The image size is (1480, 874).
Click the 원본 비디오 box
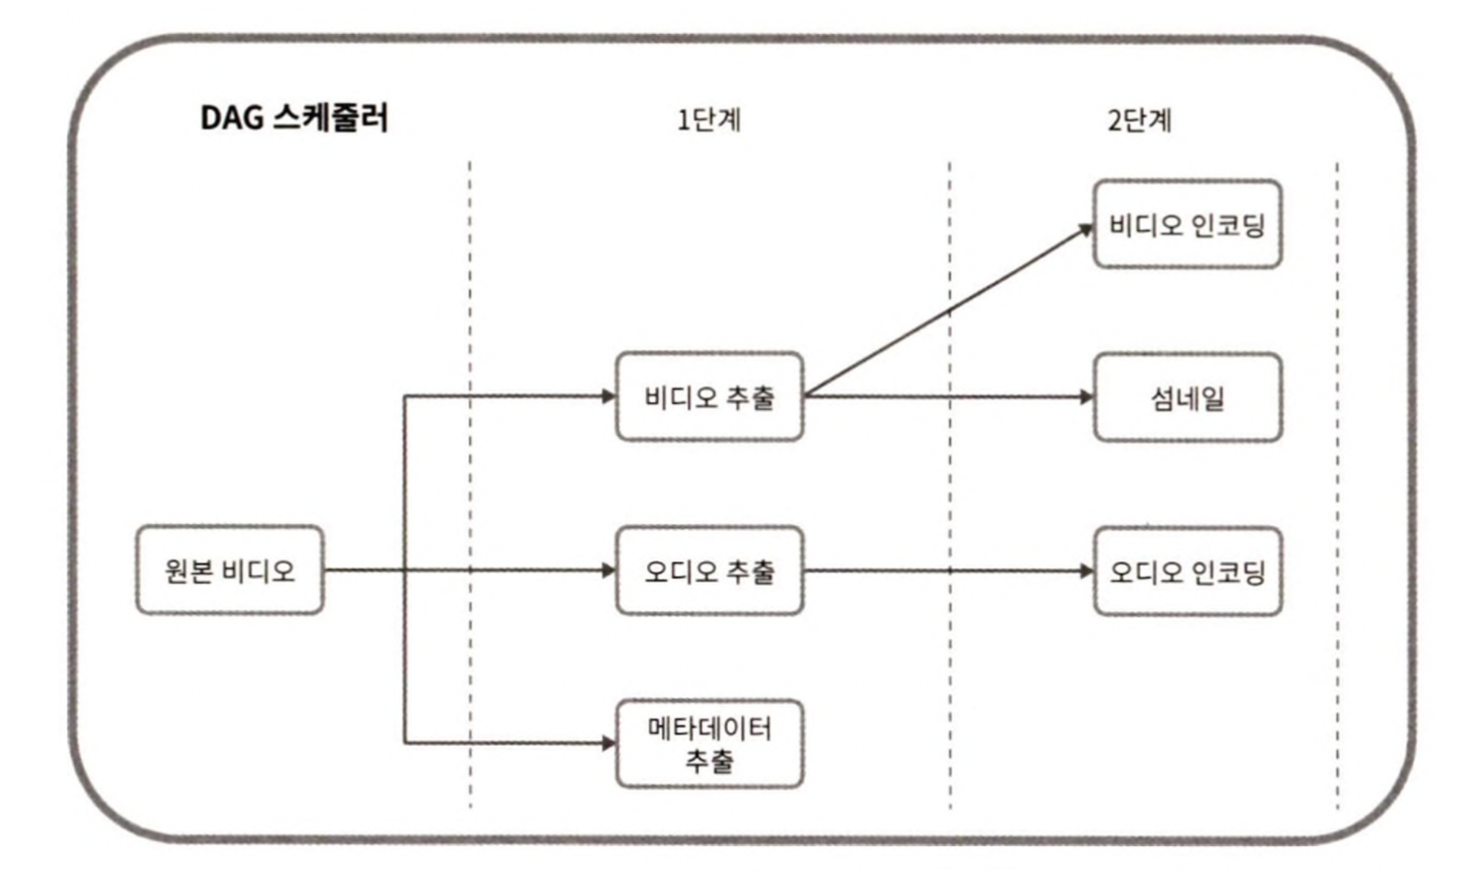coord(229,570)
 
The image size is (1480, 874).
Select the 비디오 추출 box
coord(709,397)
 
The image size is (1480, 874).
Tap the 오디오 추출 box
coord(709,570)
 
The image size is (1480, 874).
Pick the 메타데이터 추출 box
coord(709,743)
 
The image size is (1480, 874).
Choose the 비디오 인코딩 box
coord(1187,224)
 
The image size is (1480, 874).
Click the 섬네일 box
coord(1187,397)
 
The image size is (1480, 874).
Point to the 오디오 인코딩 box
coord(1187,571)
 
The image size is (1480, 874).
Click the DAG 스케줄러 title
coord(294,118)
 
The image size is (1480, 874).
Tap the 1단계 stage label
coord(708,120)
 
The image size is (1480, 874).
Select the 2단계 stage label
coord(1139,120)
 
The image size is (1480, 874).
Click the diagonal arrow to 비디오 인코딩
coord(947,312)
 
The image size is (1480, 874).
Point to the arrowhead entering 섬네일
coord(1086,397)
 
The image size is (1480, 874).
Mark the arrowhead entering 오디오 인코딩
coord(1086,571)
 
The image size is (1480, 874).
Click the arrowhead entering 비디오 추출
coord(608,397)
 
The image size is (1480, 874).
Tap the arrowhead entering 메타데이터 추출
coord(608,743)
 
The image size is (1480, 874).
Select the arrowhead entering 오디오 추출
coord(608,570)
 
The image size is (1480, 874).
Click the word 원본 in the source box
coord(189,571)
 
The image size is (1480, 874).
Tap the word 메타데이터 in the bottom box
coord(709,729)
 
